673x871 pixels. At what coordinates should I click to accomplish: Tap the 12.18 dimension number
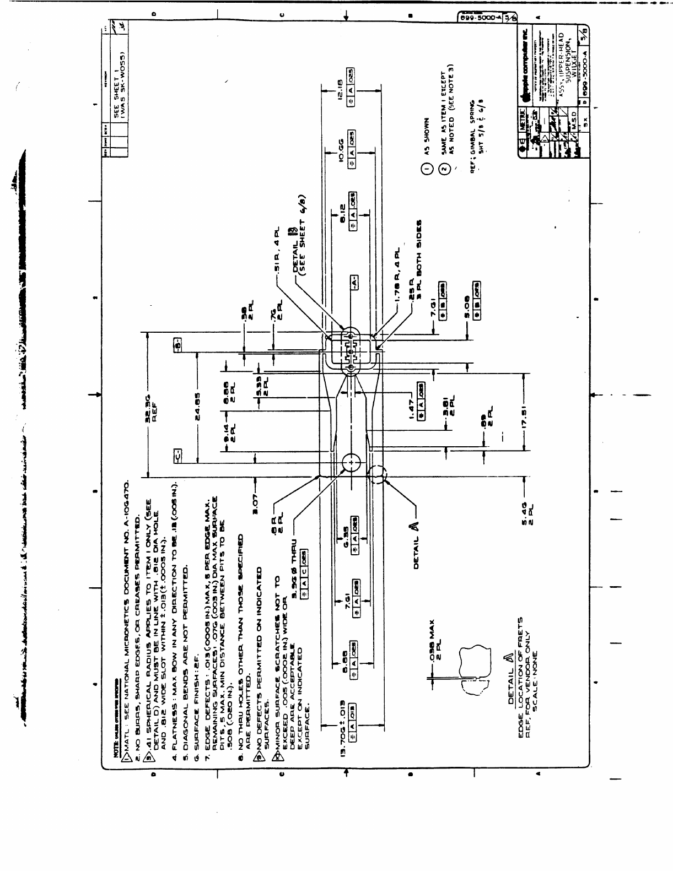point(340,88)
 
